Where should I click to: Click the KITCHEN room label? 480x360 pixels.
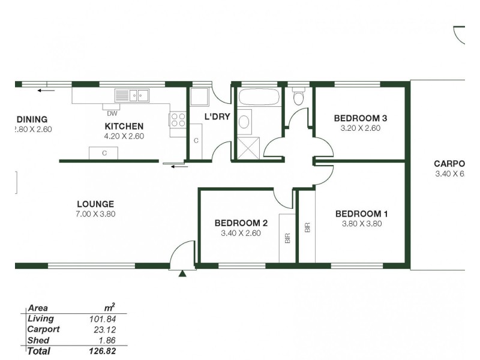click(x=124, y=126)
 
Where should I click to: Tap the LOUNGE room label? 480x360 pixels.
click(x=95, y=204)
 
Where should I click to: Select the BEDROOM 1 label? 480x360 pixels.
click(x=362, y=214)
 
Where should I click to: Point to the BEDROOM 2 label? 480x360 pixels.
click(x=241, y=223)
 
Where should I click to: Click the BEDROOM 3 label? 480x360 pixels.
click(x=360, y=118)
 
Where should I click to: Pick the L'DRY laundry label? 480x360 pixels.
click(x=217, y=117)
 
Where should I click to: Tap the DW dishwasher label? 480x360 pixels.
click(x=112, y=113)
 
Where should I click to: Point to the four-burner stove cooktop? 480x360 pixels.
click(x=178, y=119)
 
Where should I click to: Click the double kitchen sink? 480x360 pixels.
click(x=133, y=95)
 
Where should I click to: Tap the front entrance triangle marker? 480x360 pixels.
click(x=182, y=274)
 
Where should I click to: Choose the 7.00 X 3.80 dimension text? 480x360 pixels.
click(x=95, y=214)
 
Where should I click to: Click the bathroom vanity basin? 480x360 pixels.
click(x=245, y=122)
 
